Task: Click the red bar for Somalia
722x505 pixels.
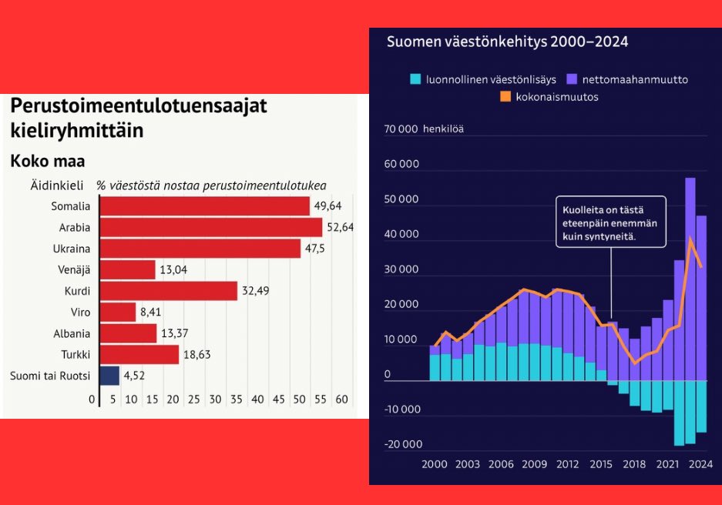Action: click(x=204, y=206)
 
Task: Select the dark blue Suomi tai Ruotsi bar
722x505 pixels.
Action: click(x=109, y=376)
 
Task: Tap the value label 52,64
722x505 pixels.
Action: click(x=339, y=227)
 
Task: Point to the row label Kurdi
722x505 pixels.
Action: click(x=77, y=291)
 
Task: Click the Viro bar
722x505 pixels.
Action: click(x=118, y=312)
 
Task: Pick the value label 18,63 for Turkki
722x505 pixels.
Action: click(x=196, y=354)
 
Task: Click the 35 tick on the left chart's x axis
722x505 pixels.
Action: click(x=236, y=400)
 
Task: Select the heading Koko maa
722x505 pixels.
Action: click(x=47, y=162)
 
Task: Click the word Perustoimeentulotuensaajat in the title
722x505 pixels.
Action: click(x=139, y=105)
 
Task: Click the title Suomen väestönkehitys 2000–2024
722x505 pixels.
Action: click(x=507, y=42)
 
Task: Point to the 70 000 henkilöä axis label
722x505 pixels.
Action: click(x=424, y=129)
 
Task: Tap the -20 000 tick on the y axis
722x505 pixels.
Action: click(x=403, y=444)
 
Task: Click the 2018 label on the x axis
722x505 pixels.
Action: click(x=634, y=464)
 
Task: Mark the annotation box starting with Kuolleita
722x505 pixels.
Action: click(x=611, y=222)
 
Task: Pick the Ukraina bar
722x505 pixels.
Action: click(x=200, y=249)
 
